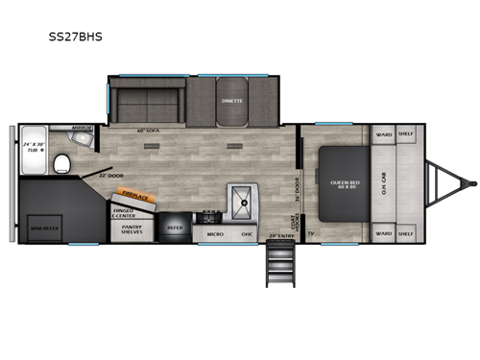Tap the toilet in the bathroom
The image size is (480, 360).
click(61, 161)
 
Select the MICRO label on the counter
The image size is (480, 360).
click(215, 232)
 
